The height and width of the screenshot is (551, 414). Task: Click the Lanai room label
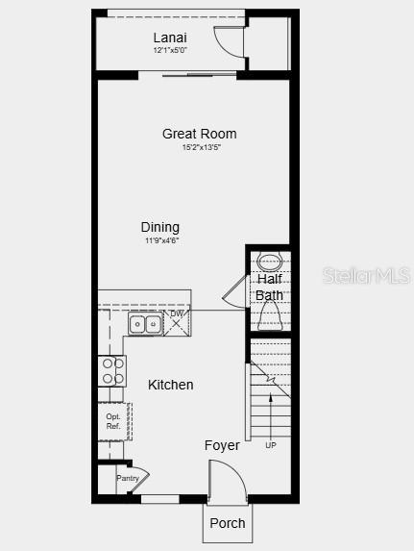point(170,38)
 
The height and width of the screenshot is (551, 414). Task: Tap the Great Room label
point(199,134)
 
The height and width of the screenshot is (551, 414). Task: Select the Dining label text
point(160,227)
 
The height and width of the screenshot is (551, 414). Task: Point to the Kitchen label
point(171,385)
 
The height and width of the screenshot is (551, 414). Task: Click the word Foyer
point(222,445)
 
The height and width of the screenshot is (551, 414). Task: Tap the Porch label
point(228,523)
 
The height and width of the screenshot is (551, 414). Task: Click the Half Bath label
point(269,287)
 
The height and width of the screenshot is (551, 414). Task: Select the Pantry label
point(128,478)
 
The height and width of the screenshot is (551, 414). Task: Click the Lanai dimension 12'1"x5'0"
point(170,50)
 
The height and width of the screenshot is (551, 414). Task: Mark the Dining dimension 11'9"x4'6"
point(160,240)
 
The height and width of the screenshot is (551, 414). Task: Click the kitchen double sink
point(145,325)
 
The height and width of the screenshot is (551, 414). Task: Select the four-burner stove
point(111,370)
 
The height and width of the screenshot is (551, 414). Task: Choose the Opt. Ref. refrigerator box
point(113,421)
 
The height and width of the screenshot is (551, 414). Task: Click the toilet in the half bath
point(270,314)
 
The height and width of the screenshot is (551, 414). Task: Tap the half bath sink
point(269,260)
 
